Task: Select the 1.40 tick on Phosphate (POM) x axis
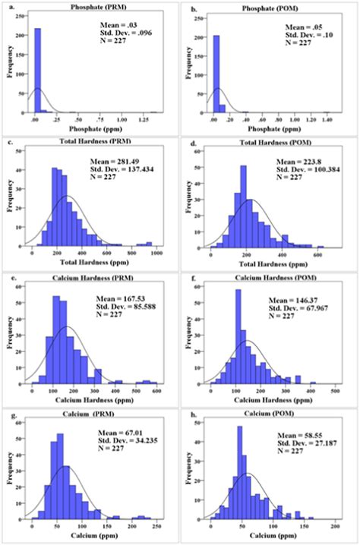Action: [x=327, y=121]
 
